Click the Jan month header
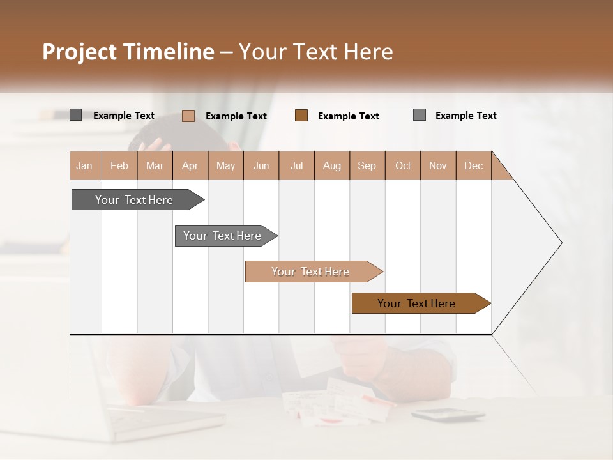click(84, 165)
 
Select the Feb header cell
click(119, 165)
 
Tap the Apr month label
click(190, 165)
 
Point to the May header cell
click(225, 165)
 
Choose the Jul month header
click(296, 165)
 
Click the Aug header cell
click(331, 165)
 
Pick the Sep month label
click(367, 165)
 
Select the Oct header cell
click(403, 165)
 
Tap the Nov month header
click(438, 165)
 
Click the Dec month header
click(473, 165)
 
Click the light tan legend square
click(188, 116)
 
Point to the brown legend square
click(301, 116)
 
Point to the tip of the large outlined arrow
click(561, 243)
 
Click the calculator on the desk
click(447, 415)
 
